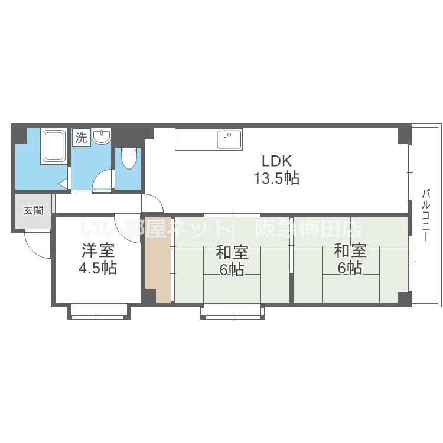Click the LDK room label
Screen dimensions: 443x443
coord(276,161)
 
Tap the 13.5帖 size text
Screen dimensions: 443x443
coord(276,178)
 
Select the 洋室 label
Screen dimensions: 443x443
coord(98,250)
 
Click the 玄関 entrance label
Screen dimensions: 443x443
coord(33,210)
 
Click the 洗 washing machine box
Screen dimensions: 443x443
coord(82,138)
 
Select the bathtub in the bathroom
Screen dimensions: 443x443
coord(54,146)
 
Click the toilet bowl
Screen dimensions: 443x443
coord(129,158)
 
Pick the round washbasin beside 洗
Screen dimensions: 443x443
coord(102,136)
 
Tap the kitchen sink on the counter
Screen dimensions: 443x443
coord(229,139)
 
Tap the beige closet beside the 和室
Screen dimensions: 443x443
coord(158,259)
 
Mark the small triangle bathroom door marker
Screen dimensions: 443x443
coord(63,184)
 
